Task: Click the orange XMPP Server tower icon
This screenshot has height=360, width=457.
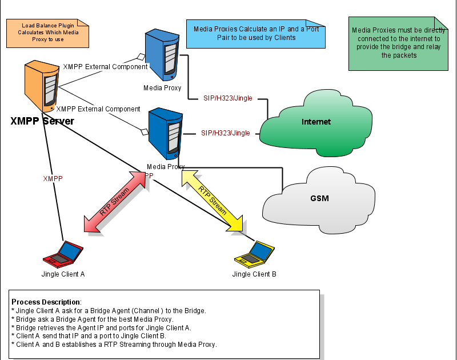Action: tap(42, 87)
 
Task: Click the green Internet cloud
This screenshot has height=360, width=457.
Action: tap(315, 123)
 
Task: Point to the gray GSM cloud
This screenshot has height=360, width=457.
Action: tap(319, 199)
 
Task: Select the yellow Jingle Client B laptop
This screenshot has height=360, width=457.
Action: tap(254, 255)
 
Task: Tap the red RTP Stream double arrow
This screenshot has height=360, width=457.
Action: tap(115, 201)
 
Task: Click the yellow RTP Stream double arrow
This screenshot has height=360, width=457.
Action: tap(212, 202)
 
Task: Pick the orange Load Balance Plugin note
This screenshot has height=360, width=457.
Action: tap(47, 34)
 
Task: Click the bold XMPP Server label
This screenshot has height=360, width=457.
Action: tap(42, 121)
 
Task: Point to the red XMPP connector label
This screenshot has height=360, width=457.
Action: tap(53, 178)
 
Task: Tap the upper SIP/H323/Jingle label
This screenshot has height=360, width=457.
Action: tap(228, 98)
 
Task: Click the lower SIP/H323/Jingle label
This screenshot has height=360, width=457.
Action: tap(226, 133)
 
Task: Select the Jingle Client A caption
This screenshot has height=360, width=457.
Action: tap(63, 274)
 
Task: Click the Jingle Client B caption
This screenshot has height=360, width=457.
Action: tap(254, 274)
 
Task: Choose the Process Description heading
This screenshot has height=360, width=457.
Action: tap(46, 302)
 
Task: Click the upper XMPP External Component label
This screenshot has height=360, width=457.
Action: tap(105, 66)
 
